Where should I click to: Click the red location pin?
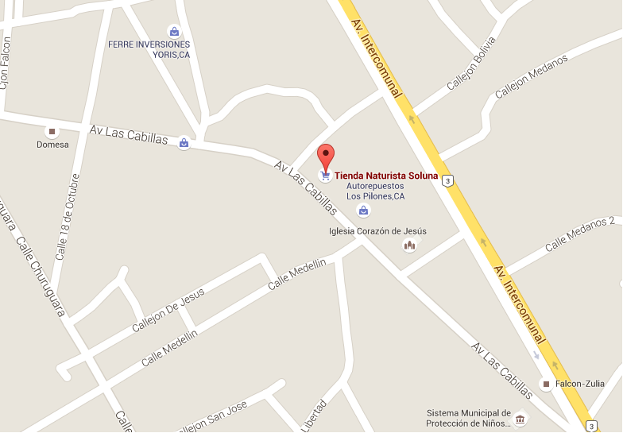pyautogui.click(x=326, y=156)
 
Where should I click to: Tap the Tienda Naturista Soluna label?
pyautogui.click(x=386, y=176)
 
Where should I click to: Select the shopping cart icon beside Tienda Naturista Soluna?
pyautogui.click(x=325, y=176)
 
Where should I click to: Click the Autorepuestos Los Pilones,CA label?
pyautogui.click(x=375, y=191)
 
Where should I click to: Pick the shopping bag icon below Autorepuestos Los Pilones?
pyautogui.click(x=363, y=211)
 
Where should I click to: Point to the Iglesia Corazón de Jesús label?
pyautogui.click(x=377, y=231)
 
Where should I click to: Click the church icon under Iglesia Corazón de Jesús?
pyautogui.click(x=410, y=245)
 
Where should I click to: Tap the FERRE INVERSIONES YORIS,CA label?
pyautogui.click(x=149, y=49)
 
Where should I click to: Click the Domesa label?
pyautogui.click(x=52, y=145)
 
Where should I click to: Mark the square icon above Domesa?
pyautogui.click(x=52, y=131)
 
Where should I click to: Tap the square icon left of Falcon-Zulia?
pyautogui.click(x=546, y=384)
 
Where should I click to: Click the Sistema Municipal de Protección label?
pyautogui.click(x=469, y=418)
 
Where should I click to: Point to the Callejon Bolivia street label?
pyautogui.click(x=470, y=63)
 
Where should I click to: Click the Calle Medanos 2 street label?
pyautogui.click(x=579, y=234)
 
